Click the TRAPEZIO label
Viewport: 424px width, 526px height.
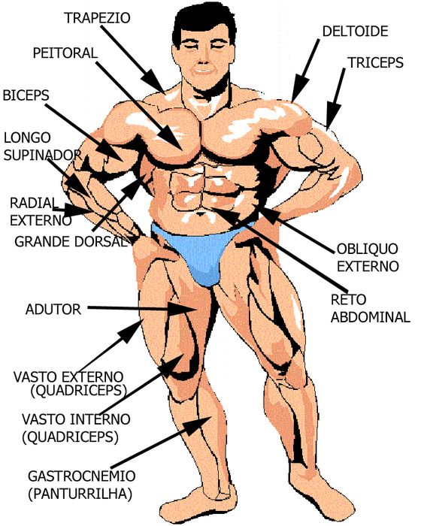coord(98,18)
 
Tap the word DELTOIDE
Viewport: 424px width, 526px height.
coord(355,32)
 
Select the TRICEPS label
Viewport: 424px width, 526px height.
coord(375,62)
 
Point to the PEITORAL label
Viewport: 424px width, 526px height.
coord(65,53)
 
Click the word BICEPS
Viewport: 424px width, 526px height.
coord(26,95)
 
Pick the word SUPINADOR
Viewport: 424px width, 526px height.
coord(43,155)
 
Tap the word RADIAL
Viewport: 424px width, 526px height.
coord(32,203)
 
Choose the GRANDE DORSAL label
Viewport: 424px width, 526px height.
coord(71,241)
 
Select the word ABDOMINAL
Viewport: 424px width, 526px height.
coord(371,317)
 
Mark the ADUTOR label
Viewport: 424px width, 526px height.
coord(53,310)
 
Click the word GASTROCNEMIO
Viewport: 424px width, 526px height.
coord(82,476)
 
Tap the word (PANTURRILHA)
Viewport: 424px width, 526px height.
coord(80,494)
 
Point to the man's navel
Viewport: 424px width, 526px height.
coord(201,213)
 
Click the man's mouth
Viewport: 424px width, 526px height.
coord(204,71)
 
